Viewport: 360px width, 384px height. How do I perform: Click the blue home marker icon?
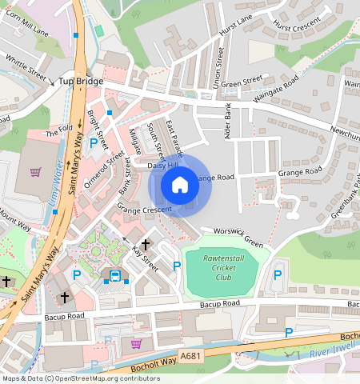tap(180, 185)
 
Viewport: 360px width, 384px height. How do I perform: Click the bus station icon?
tap(115, 276)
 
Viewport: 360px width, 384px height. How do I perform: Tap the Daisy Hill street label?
tap(163, 166)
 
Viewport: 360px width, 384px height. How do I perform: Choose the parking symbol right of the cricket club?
tap(278, 274)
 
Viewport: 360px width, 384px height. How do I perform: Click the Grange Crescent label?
tap(145, 208)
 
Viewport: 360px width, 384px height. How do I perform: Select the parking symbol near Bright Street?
tap(94, 144)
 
